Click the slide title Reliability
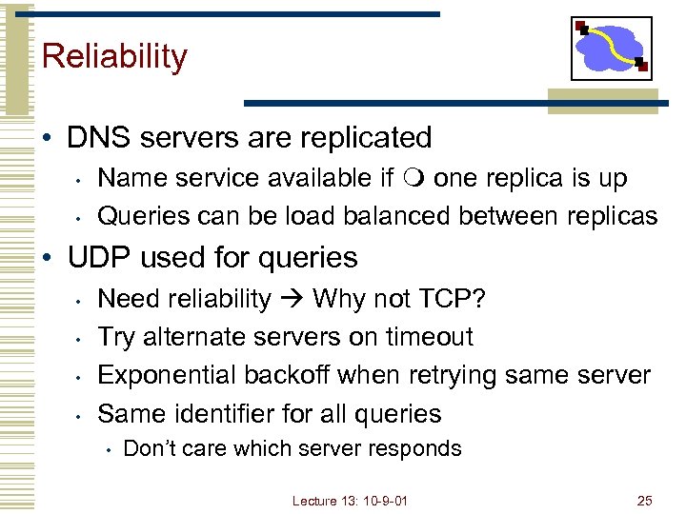coord(114,56)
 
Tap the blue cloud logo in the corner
coord(611,48)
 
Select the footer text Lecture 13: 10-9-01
coord(350,500)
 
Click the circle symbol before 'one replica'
coord(419,178)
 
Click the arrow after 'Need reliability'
coord(291,300)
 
